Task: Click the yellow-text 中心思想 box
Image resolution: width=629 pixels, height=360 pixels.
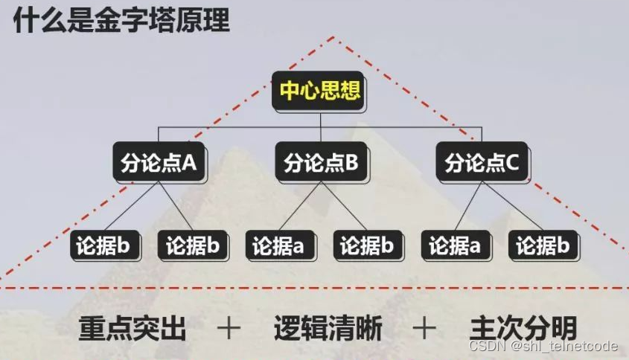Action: pyautogui.click(x=320, y=91)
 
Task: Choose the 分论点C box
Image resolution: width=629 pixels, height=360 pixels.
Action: pyautogui.click(x=482, y=163)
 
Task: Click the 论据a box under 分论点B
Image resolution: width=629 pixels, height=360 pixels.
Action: pyautogui.click(x=278, y=245)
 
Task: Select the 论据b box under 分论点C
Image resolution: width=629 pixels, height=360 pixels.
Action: pyautogui.click(x=543, y=245)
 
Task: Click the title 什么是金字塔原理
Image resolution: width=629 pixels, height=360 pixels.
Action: pyautogui.click(x=121, y=19)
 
